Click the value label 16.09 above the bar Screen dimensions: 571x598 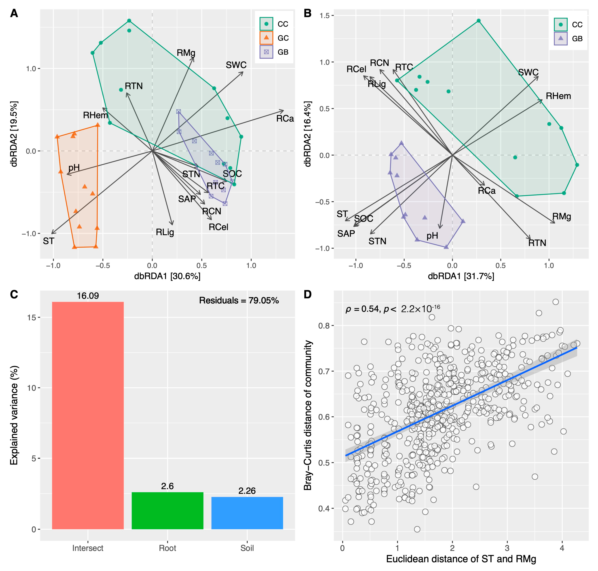pyautogui.click(x=88, y=296)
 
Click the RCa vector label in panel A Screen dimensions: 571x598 pyautogui.click(x=285, y=119)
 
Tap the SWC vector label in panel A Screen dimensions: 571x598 pyautogui.click(x=236, y=65)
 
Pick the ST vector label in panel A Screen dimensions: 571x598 pyautogui.click(x=48, y=241)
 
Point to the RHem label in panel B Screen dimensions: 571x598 pyautogui.click(x=558, y=96)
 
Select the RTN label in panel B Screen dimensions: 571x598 pyautogui.click(x=537, y=243)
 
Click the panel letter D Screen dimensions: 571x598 pyautogui.click(x=308, y=294)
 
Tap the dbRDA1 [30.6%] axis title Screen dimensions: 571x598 pyautogui.click(x=167, y=276)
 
